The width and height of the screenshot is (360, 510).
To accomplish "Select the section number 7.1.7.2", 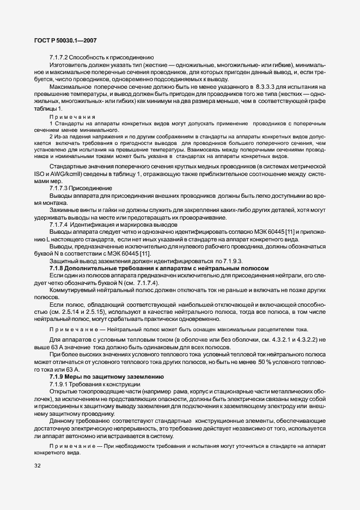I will pyautogui.click(x=59, y=57).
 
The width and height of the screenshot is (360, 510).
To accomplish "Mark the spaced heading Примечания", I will pyautogui.click(x=72, y=117).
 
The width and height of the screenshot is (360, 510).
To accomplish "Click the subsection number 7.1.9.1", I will pyautogui.click(x=59, y=384).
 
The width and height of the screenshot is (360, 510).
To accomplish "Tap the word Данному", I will pyautogui.click(x=63, y=421).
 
